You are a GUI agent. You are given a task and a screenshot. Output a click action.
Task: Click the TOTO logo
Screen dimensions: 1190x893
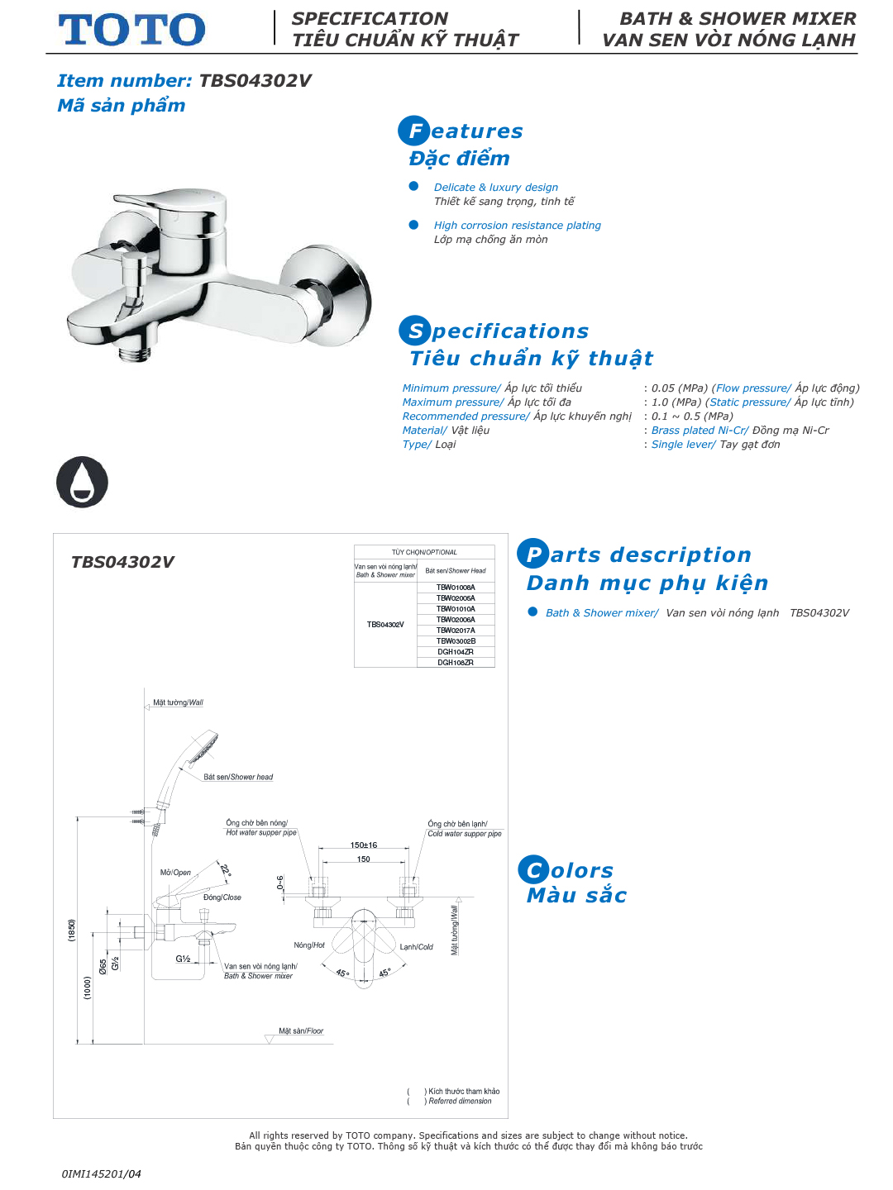pyautogui.click(x=131, y=30)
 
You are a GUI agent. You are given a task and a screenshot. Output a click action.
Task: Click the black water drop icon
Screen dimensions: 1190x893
pyautogui.click(x=82, y=482)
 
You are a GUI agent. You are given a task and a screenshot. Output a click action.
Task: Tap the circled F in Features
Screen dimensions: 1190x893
pyautogui.click(x=414, y=131)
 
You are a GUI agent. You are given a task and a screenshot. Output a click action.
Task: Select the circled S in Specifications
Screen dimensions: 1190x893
pyautogui.click(x=415, y=331)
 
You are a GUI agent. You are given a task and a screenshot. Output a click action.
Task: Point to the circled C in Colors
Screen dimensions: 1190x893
pyautogui.click(x=534, y=869)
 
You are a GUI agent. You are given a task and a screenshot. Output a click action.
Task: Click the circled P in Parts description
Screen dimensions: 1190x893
pyautogui.click(x=533, y=554)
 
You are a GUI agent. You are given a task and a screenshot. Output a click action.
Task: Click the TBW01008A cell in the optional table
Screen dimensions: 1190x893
pyautogui.click(x=456, y=588)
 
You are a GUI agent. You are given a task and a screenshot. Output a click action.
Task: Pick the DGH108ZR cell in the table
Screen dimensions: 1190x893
pyautogui.click(x=456, y=663)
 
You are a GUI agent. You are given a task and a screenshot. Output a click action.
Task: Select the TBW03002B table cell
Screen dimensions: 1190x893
pyautogui.click(x=456, y=641)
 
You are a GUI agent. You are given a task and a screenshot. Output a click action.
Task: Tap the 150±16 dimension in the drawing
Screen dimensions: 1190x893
pyautogui.click(x=364, y=845)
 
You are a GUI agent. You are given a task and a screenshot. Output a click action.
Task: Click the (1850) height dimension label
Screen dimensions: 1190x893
pyautogui.click(x=72, y=930)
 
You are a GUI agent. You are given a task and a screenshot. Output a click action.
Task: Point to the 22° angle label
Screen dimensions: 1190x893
pyautogui.click(x=225, y=869)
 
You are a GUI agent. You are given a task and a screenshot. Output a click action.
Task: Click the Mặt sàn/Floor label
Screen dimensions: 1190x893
pyautogui.click(x=301, y=1031)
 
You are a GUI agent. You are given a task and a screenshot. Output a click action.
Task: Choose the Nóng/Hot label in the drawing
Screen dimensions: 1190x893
pyautogui.click(x=309, y=945)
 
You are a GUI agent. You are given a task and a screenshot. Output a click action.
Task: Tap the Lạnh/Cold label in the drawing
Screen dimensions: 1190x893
pyautogui.click(x=417, y=947)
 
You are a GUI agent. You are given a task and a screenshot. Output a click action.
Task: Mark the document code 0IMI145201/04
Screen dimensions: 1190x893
pyautogui.click(x=102, y=1173)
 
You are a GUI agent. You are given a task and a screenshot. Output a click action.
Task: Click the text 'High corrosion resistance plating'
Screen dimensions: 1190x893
pyautogui.click(x=518, y=226)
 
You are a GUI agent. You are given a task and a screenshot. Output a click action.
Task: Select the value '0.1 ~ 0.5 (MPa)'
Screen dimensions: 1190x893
pyautogui.click(x=692, y=416)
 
